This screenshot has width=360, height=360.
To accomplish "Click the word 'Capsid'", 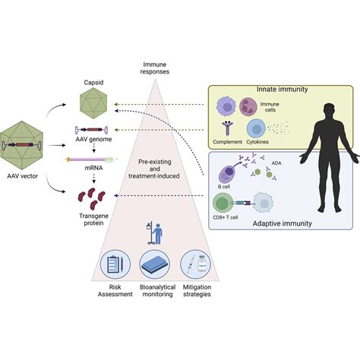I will [96, 81].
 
